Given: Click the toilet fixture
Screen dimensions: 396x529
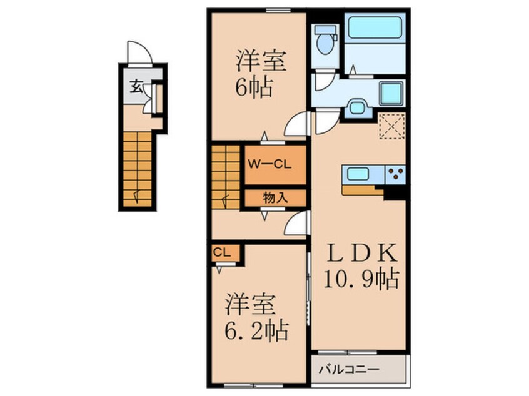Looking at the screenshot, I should point(325,41).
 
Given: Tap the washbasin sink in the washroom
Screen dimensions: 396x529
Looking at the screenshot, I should point(356,107).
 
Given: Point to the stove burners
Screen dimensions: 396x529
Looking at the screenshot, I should point(395,174).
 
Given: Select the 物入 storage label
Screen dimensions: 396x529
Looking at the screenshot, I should point(275,197).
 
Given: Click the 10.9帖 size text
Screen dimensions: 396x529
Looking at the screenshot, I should point(362,279).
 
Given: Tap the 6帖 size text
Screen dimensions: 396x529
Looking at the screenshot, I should point(253,88).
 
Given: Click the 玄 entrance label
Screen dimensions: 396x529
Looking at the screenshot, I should point(136,86).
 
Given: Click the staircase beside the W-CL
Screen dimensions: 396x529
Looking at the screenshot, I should point(226,176).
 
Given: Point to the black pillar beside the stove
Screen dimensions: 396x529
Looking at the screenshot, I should point(396,192).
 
